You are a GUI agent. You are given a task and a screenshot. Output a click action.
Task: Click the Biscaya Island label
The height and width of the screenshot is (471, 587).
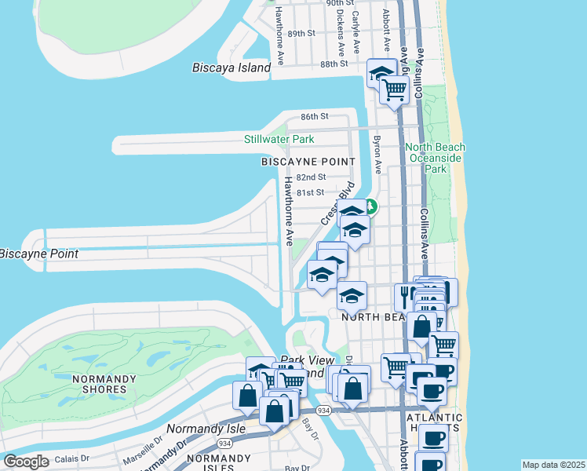click(232, 68)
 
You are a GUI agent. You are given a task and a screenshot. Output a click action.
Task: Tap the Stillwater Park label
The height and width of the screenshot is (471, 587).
click(279, 140)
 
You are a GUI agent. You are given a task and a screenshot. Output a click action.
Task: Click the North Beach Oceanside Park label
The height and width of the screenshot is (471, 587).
click(436, 158)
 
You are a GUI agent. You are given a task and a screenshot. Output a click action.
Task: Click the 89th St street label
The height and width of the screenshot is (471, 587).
click(301, 34)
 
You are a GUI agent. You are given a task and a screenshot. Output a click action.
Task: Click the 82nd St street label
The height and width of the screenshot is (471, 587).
click(316, 178)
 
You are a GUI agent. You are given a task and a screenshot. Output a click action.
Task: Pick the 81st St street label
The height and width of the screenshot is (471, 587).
click(310, 192)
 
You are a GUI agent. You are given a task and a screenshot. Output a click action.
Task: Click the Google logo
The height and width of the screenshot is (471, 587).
click(26, 462)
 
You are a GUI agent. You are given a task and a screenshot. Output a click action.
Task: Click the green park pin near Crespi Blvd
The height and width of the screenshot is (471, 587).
click(370, 207)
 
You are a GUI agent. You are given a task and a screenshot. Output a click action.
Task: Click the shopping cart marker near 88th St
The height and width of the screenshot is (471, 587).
click(394, 90)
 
